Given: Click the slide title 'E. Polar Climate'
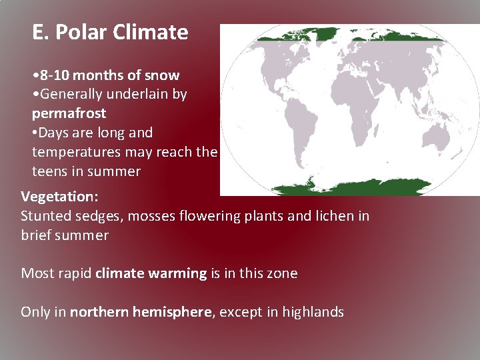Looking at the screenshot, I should pos(110,32).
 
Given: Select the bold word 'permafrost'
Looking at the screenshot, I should pos(69,113).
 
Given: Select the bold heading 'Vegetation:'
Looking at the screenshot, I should pos(59,197).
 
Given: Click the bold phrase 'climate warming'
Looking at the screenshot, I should pos(151,273).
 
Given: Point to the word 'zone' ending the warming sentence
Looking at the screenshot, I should pos(283,273).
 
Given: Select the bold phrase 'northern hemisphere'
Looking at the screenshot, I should pos(141,312).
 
